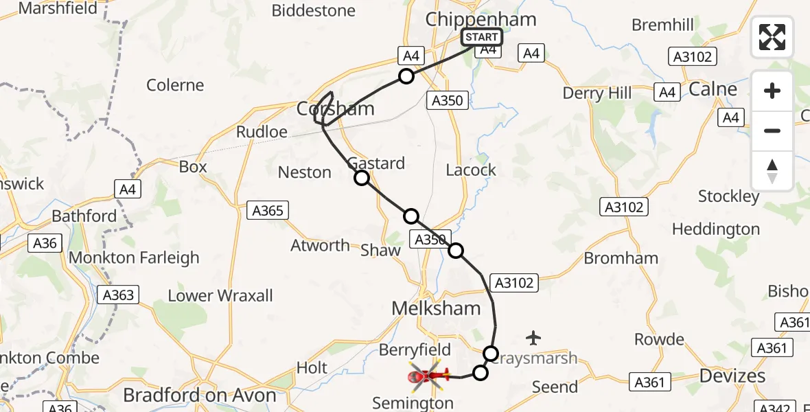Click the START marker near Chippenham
coord(481,37)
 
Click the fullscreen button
coord(772,37)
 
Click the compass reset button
coord(772,170)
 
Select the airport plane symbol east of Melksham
coord(533,337)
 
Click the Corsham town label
coord(336,108)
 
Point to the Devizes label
coord(732,376)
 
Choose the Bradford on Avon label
coord(199,396)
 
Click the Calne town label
coord(713,89)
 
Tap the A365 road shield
coord(268,211)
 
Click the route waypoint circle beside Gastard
coord(362,179)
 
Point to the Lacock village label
coord(471,170)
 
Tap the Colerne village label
coord(175,85)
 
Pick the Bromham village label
coord(621,258)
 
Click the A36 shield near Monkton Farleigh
coord(46,242)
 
